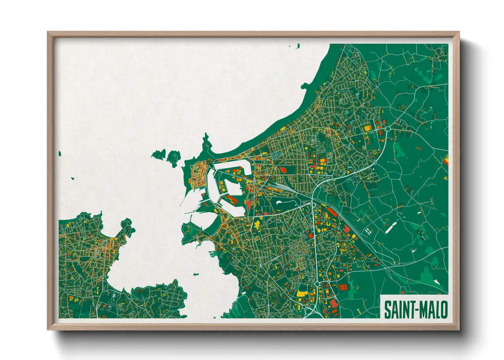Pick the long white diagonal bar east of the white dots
click(x=391, y=227)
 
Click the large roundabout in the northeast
click(x=388, y=129)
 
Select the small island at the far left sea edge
click(x=60, y=154)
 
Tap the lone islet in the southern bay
click(x=196, y=274)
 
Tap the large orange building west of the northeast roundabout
click(x=368, y=128)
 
